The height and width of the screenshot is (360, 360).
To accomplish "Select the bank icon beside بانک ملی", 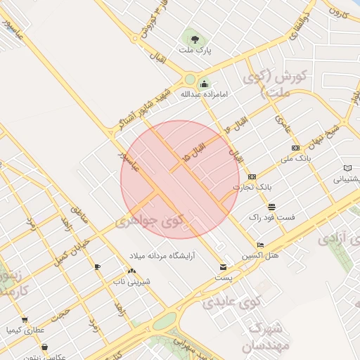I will point(295,148).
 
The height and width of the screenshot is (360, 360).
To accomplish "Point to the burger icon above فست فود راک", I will point(271,206).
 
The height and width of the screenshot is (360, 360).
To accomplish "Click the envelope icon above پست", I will point(223,267).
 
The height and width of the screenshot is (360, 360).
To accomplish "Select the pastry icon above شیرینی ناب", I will point(131,271).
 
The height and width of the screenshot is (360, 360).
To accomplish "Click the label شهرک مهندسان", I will point(264,337).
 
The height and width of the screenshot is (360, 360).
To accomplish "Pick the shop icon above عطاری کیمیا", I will point(25,319).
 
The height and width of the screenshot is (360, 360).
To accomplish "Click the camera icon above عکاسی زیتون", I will point(45,347).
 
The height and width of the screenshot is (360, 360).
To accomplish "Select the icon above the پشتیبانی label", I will point(347,168).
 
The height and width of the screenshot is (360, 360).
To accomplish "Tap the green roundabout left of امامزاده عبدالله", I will point(189,79).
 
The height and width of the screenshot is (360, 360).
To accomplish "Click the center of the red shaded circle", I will point(180,179).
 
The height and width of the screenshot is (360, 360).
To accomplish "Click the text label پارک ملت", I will point(195,51).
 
